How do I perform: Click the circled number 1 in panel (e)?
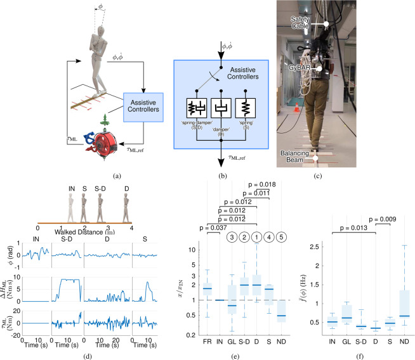point(256,238)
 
